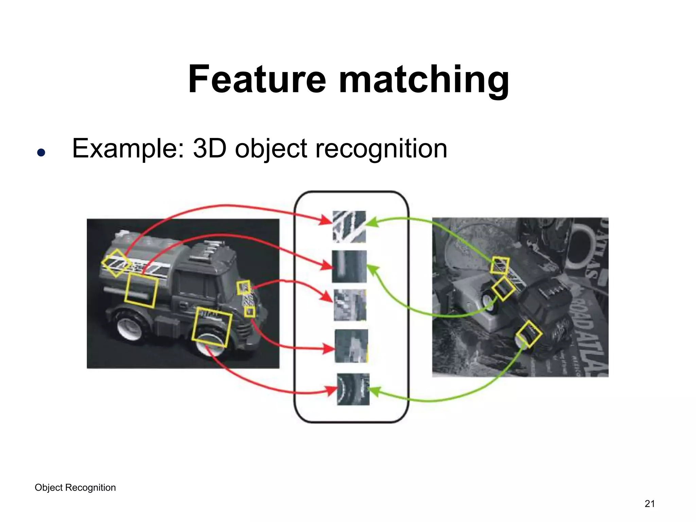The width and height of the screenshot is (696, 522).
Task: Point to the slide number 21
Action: [x=649, y=503]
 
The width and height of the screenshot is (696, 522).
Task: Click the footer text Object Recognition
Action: [x=75, y=487]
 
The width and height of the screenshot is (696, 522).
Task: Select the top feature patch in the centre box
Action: [x=349, y=227]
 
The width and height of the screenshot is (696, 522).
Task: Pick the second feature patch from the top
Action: [x=349, y=266]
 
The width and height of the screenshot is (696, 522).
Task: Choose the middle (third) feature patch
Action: [x=350, y=305]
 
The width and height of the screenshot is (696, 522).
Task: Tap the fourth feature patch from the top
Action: [x=351, y=346]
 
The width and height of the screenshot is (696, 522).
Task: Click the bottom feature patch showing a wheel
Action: [x=353, y=389]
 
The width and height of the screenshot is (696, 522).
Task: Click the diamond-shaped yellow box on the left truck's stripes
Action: [x=116, y=263]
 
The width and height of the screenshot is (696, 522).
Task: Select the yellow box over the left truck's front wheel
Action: [x=211, y=327]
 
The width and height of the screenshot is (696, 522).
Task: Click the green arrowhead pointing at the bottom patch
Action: [x=374, y=391]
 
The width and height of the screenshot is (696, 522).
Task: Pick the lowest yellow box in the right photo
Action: [x=528, y=334]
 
